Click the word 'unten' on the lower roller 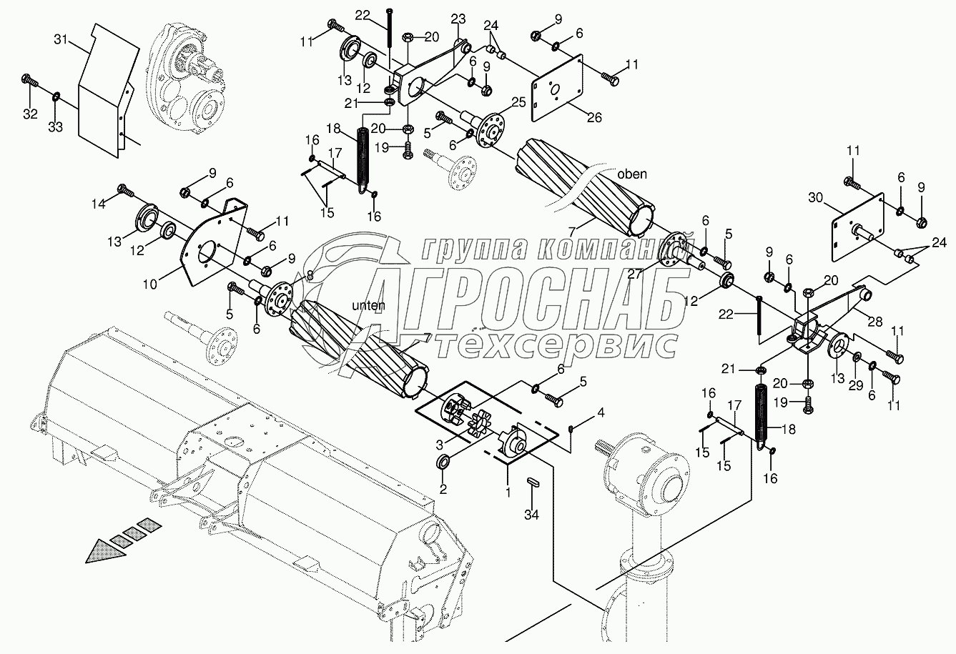tap(368, 305)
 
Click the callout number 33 tap(56, 127)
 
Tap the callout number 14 tap(98, 204)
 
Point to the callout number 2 tap(443, 489)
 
